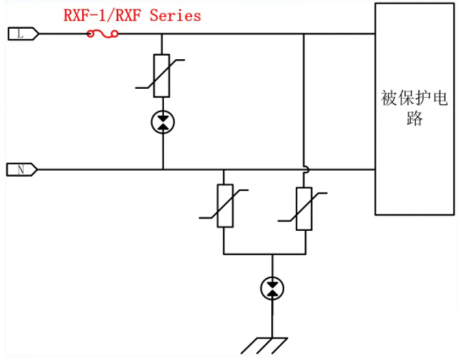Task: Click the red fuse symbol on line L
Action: tap(103, 35)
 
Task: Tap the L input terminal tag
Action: tap(23, 34)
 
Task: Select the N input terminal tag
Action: tap(22, 170)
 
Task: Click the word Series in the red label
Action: tap(175, 15)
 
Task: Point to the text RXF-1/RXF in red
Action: tap(104, 15)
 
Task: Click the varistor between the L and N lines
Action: tap(161, 75)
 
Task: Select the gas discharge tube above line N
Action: tap(163, 122)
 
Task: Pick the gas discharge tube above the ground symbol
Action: tap(272, 288)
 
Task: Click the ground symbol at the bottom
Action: tap(265, 346)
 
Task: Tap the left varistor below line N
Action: tap(225, 205)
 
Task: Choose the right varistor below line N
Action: tap(304, 209)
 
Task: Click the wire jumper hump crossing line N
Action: tap(306, 169)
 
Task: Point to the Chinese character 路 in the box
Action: tap(414, 118)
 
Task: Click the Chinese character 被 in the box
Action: tap(389, 98)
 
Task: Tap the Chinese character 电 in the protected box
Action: tap(440, 98)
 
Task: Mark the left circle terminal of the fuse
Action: tap(90, 35)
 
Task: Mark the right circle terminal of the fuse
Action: tap(115, 35)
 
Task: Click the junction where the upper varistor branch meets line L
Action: tap(161, 34)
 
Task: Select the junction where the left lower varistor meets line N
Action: tap(224, 170)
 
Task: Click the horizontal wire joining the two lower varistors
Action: tap(265, 254)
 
